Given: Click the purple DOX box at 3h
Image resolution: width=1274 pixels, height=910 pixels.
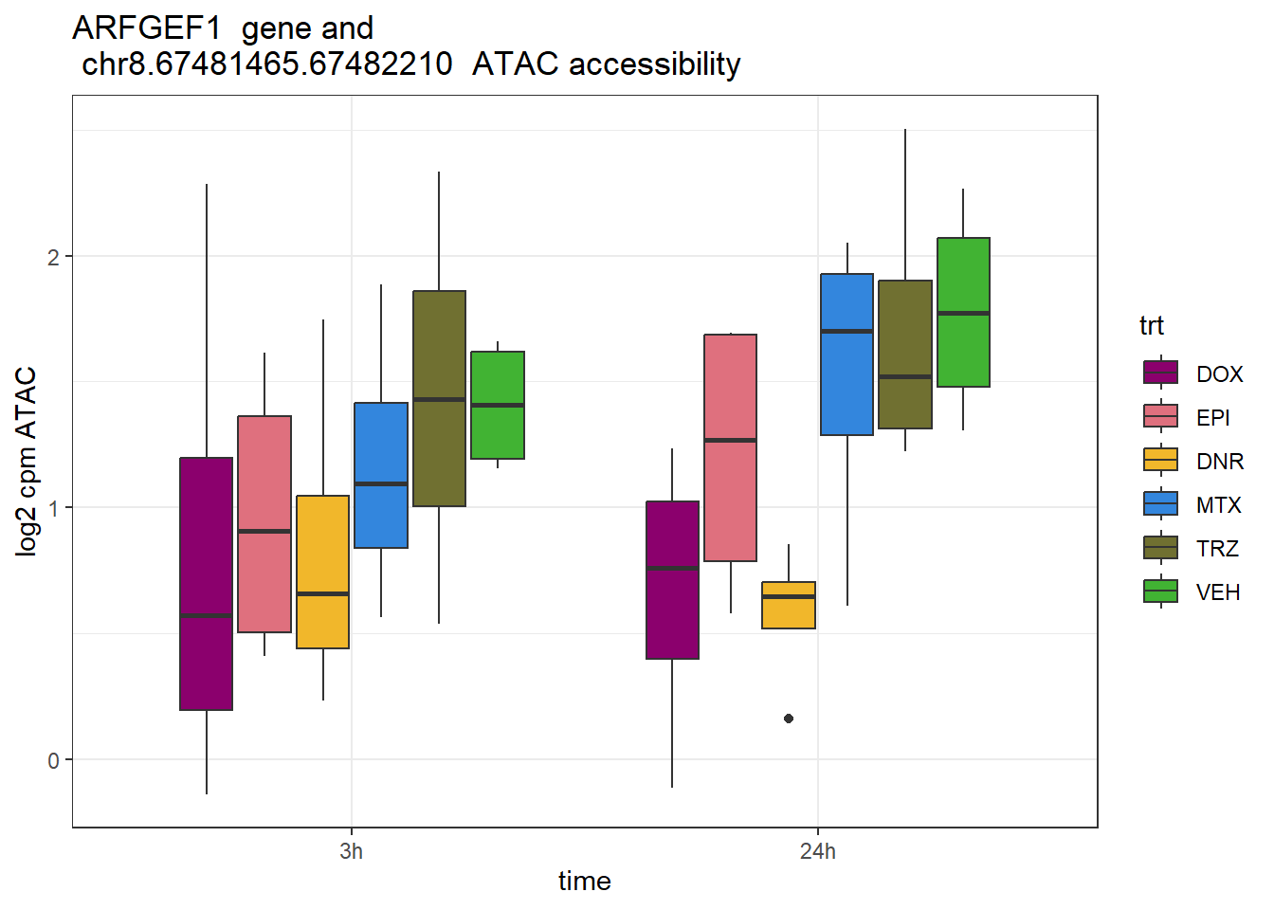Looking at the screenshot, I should [207, 583].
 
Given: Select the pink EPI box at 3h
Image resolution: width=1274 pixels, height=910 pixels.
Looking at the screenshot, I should [264, 523].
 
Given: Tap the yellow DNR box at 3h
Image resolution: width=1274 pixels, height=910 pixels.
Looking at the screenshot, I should [323, 572].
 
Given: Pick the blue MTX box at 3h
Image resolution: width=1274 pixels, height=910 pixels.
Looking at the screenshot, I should [381, 475].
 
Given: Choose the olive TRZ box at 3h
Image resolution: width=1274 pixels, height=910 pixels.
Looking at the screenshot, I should [439, 398].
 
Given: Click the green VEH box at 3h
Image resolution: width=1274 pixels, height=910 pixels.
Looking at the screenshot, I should [498, 405].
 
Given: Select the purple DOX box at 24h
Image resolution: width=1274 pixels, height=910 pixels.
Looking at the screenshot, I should [672, 579].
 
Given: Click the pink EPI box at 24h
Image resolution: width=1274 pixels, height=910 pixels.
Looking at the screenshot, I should [731, 447].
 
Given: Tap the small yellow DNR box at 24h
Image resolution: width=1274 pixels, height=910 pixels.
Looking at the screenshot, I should [789, 605].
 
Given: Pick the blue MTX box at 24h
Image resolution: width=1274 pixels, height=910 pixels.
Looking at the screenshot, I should [846, 354].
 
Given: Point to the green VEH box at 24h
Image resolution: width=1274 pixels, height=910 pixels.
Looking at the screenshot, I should [963, 312].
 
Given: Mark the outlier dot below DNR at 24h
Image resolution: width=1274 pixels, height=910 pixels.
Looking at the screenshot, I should [789, 719].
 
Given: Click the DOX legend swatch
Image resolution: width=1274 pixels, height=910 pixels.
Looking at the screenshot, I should [1161, 373].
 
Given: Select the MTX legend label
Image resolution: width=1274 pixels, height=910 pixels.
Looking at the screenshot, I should [1218, 505].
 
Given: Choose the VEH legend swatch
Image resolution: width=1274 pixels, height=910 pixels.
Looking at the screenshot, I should [1161, 591].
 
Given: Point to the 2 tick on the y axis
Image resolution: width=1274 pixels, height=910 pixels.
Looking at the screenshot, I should [54, 257].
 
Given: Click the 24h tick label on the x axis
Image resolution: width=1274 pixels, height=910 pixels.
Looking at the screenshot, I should [818, 851].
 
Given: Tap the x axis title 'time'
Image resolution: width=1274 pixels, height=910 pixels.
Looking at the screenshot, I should [584, 882].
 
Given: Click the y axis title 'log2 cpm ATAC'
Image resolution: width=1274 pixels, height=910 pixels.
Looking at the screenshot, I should [27, 461].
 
